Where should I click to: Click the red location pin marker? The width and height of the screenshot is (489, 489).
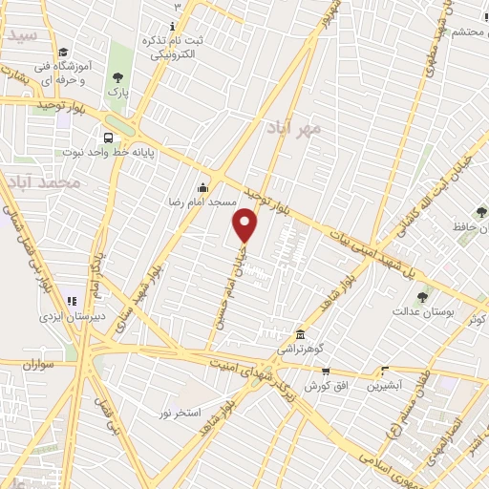[x=245, y=225]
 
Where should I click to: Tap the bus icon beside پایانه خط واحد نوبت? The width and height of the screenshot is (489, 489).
[x=107, y=137]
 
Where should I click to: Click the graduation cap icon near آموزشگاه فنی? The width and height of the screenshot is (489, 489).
[x=63, y=53]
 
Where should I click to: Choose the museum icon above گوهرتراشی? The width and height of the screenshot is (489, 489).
[x=301, y=334]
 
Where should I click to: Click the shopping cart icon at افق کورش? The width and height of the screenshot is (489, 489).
[x=326, y=372]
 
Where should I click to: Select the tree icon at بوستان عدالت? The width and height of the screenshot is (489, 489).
[x=424, y=294]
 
